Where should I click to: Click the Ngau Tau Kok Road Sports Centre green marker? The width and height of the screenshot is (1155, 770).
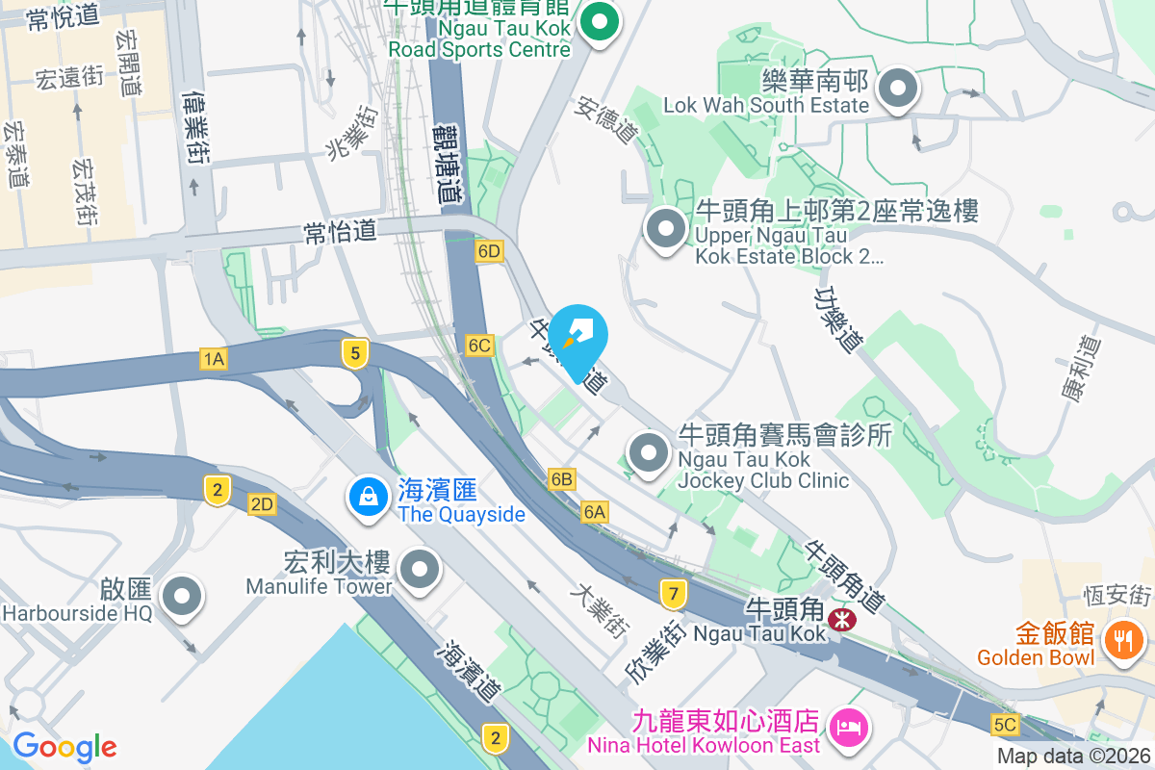(x=600, y=22)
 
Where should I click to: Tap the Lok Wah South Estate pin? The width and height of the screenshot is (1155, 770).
(x=898, y=90)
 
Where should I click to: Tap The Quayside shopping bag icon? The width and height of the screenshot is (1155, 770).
(x=368, y=498)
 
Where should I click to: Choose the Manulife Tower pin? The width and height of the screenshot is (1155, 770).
(x=419, y=570)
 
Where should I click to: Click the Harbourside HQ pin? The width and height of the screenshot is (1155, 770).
(x=182, y=597)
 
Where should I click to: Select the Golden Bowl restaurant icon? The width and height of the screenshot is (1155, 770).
(x=1121, y=638)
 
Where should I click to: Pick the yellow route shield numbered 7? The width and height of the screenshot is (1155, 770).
(x=674, y=594)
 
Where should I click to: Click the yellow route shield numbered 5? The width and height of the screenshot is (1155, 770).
(x=355, y=354)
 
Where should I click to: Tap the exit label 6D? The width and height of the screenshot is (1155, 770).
(x=489, y=252)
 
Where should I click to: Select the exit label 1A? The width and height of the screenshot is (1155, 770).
(x=214, y=360)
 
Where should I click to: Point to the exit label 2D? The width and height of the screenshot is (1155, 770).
(x=262, y=504)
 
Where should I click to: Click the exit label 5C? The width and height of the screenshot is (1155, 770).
(x=1005, y=724)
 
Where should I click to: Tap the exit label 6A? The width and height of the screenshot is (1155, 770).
(x=595, y=513)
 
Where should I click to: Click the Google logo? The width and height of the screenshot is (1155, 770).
(x=64, y=747)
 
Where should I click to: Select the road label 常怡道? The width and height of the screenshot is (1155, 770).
(x=338, y=231)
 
